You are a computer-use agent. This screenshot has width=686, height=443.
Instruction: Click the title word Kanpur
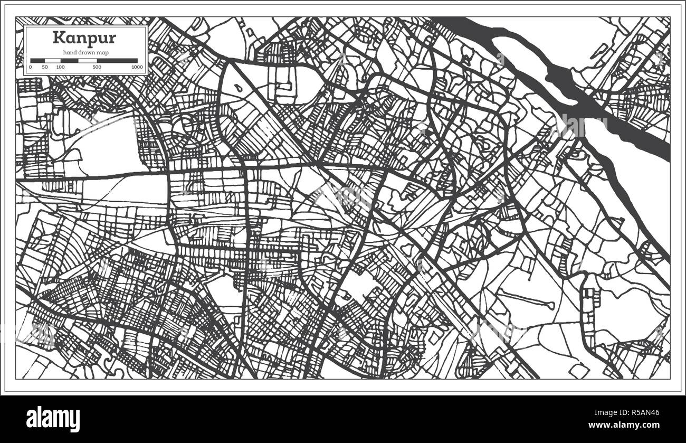click(x=77, y=39)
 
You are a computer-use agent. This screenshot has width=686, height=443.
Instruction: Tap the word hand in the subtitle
click(x=70, y=52)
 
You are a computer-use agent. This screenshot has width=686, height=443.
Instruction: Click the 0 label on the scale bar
click(x=31, y=68)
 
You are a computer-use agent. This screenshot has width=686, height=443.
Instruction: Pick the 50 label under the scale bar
click(x=45, y=68)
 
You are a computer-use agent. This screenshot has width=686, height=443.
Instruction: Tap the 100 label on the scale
click(x=61, y=68)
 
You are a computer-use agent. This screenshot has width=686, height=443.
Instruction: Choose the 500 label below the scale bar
click(x=97, y=68)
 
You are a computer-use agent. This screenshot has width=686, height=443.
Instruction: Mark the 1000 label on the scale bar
click(x=137, y=68)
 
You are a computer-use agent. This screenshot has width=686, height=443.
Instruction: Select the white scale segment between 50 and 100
click(x=53, y=61)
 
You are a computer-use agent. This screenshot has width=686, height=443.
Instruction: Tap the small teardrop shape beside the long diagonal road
click(x=239, y=88)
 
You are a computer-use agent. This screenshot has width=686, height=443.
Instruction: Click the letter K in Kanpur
click(x=57, y=38)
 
